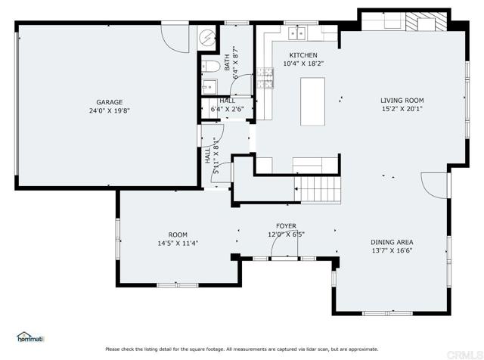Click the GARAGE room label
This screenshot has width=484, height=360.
[109, 102]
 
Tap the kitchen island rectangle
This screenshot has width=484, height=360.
[312, 101]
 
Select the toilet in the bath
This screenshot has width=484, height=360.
[211, 66]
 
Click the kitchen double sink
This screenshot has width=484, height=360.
[296, 33]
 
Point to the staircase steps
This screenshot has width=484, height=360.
[318, 190]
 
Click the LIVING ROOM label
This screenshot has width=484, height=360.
[402, 101]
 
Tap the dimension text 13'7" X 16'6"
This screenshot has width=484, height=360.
[392, 250]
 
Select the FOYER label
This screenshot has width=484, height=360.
[286, 226]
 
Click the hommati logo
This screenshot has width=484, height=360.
[30, 337]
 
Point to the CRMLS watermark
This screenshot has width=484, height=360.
[465, 354]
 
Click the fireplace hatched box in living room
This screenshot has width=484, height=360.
[426, 22]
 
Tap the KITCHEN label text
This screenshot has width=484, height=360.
[303, 55]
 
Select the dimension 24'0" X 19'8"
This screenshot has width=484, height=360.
[110, 110]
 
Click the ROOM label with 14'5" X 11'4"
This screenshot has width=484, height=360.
[178, 234]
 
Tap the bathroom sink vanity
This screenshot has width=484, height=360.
[209, 87]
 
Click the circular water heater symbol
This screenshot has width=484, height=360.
[206, 37]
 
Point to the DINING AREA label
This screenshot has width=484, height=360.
[392, 242]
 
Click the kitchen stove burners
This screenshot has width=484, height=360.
[265, 79]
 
